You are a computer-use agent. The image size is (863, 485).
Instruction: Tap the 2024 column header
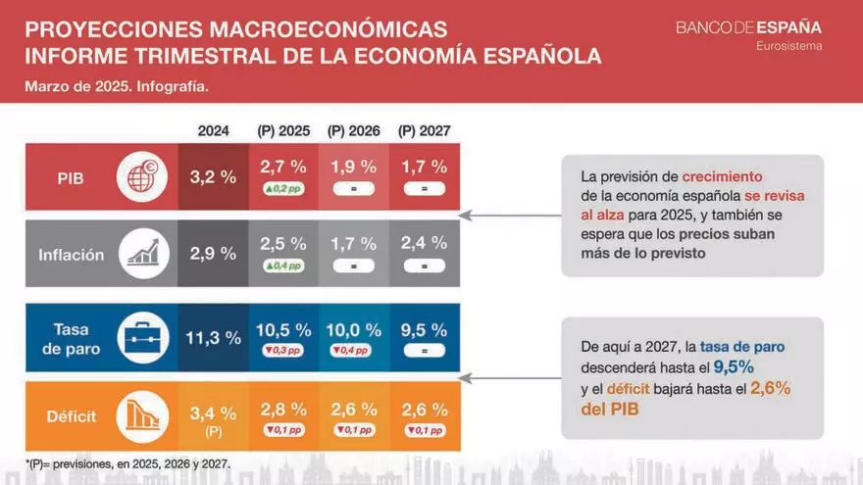(214, 130)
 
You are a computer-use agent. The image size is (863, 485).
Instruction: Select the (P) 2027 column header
(424, 130)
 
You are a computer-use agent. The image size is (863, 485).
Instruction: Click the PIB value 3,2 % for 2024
(214, 177)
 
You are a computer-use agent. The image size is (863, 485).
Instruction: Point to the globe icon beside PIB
(136, 177)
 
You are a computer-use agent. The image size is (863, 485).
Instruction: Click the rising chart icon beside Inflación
(136, 255)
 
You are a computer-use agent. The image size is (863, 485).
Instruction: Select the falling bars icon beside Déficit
(136, 416)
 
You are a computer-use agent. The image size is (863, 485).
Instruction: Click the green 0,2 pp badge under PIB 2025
(283, 189)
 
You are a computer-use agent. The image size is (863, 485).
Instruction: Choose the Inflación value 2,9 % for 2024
(214, 254)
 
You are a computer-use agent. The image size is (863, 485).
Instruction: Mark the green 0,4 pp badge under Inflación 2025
(283, 266)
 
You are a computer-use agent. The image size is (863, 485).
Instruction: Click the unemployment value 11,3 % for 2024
(214, 338)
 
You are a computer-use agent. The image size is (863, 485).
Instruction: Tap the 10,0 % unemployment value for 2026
(353, 330)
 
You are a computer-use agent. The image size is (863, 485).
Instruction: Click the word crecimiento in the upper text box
(722, 176)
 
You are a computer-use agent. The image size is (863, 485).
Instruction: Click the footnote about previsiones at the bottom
(127, 462)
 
